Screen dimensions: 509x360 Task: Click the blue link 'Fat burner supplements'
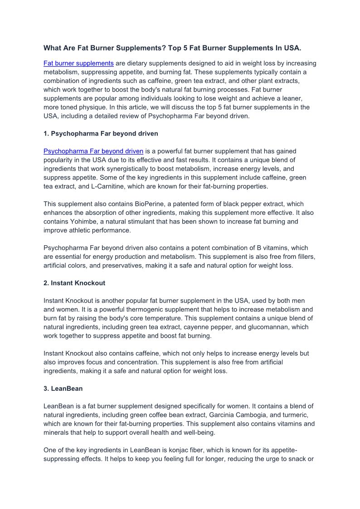(x=78, y=63)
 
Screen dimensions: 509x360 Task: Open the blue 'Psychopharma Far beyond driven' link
(x=93, y=151)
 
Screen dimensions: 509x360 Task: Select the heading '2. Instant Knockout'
(x=74, y=283)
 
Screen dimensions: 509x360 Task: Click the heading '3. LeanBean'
(x=63, y=389)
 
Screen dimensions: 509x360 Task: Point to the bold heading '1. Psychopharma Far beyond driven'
(x=101, y=134)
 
